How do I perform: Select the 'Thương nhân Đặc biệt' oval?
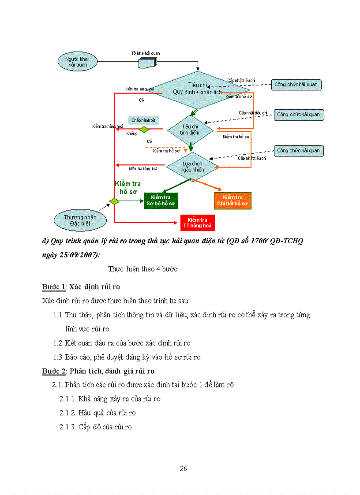click(80, 220)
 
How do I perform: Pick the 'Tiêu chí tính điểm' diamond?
click(191, 130)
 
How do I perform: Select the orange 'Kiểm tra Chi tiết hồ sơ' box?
click(232, 201)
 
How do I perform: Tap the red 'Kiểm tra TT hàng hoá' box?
click(197, 223)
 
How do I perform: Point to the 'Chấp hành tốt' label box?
click(143, 120)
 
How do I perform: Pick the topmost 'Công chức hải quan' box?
click(296, 85)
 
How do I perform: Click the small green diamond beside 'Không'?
click(144, 130)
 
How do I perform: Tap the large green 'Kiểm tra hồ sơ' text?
click(127, 187)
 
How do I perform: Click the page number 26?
click(184, 469)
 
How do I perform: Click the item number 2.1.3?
click(68, 427)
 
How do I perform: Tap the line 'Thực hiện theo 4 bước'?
click(143, 269)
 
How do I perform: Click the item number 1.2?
click(57, 343)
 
